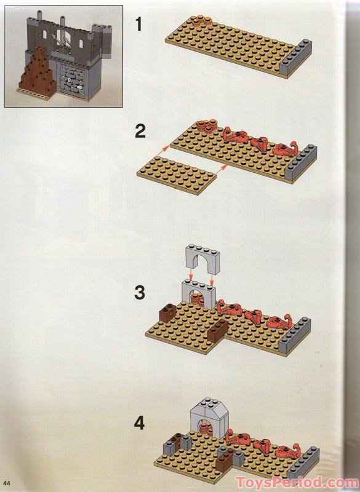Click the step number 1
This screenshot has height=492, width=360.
click(x=139, y=25)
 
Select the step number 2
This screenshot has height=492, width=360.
click(x=140, y=131)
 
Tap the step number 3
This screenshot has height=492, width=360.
click(x=140, y=293)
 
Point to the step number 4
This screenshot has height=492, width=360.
click(x=139, y=423)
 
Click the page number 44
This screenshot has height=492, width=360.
click(x=7, y=483)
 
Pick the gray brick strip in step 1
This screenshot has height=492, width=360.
click(x=295, y=58)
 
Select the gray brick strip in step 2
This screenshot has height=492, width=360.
click(x=302, y=163)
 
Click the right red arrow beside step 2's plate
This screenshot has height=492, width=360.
click(x=222, y=169)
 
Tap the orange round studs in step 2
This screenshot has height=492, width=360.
click(x=207, y=126)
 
